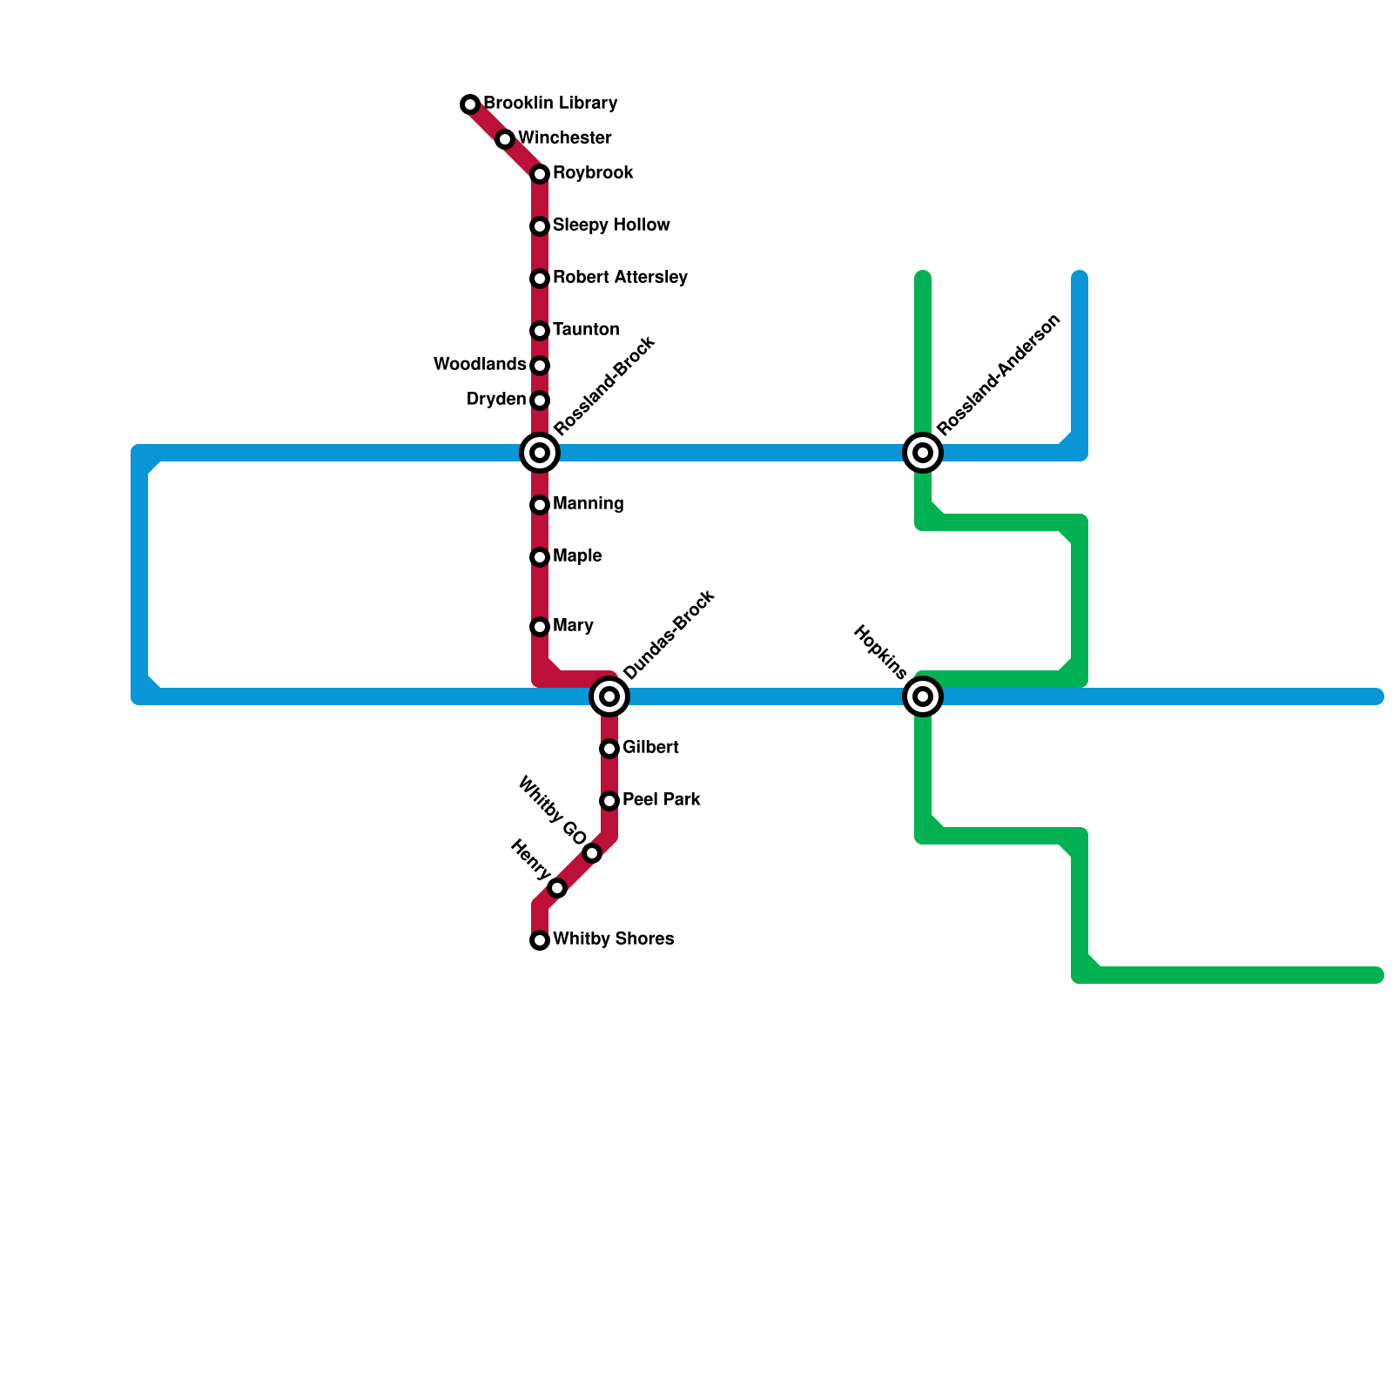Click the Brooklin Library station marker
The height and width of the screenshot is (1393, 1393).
click(470, 104)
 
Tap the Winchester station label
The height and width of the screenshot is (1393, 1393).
click(564, 138)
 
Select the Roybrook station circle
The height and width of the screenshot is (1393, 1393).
click(540, 174)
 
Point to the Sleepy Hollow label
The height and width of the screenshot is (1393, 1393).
click(611, 225)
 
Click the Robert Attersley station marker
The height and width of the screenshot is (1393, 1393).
click(540, 279)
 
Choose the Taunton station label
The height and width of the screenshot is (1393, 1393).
click(586, 330)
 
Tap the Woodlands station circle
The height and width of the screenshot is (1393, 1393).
click(540, 366)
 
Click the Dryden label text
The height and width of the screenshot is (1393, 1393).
click(496, 400)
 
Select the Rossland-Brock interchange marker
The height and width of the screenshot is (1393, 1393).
click(540, 453)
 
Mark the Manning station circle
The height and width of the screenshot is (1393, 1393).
click(540, 505)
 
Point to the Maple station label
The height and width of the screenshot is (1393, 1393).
click(577, 556)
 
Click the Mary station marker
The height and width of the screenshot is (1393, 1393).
click(540, 627)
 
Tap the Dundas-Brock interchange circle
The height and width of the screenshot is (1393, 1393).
click(609, 696)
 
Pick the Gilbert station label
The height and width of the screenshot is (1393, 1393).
click(650, 748)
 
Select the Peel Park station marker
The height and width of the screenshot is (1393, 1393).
click(609, 801)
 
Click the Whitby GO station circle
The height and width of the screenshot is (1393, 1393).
click(592, 853)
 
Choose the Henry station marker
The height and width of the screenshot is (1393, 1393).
click(557, 888)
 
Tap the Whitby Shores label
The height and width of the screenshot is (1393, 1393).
click(613, 939)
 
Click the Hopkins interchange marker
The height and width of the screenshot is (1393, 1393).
click(923, 696)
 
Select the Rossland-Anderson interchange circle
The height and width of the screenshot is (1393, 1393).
click(923, 453)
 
